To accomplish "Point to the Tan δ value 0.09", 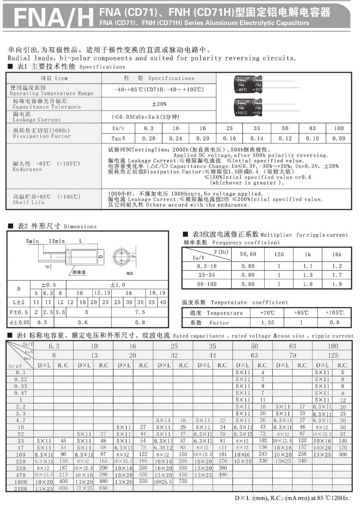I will click(x=339, y=139).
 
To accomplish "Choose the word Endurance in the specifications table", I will click(x=28, y=169).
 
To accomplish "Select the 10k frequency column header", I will click(x=337, y=255).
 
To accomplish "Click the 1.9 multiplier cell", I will click(x=337, y=284).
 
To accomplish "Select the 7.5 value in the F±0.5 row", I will click(x=140, y=313).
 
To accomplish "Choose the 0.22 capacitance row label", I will click(x=21, y=379).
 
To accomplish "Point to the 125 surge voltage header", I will click(x=332, y=355).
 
